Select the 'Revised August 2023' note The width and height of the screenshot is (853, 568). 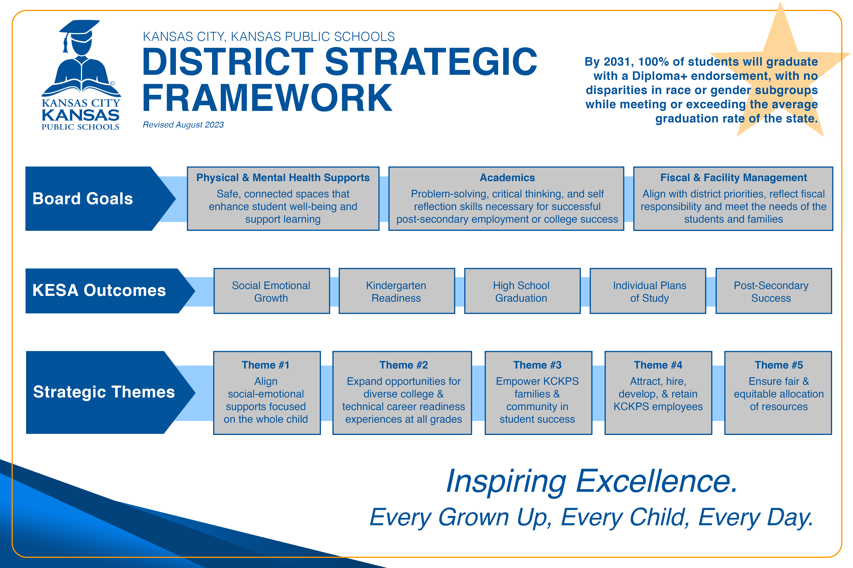coord(183,125)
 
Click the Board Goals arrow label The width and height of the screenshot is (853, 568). coord(83,198)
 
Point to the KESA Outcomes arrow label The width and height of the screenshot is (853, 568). coord(99,290)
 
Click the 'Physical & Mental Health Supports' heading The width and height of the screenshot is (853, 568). coord(283,177)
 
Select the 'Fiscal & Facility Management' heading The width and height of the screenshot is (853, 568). coord(733,177)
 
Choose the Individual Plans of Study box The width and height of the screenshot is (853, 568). coord(648,291)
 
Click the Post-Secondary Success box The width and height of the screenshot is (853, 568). coord(774,291)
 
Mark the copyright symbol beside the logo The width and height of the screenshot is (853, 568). coord(113,83)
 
